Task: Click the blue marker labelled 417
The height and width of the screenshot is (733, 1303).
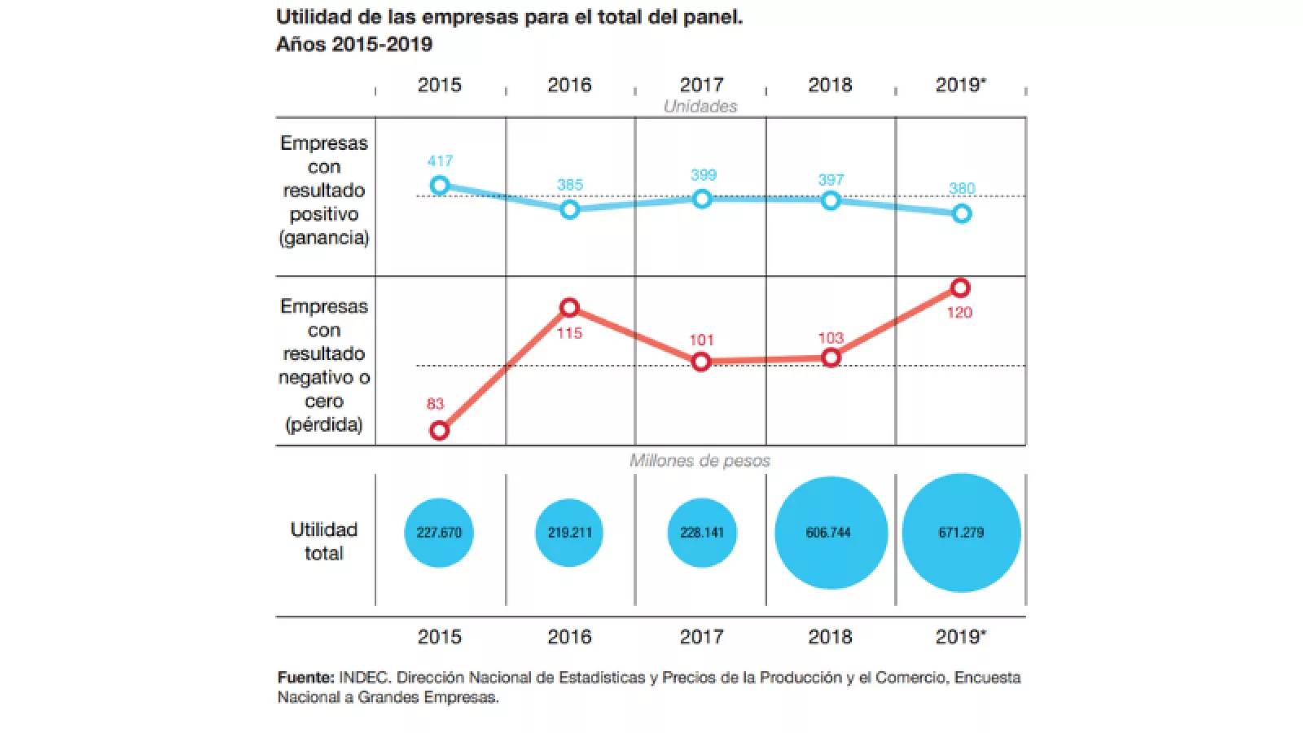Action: [x=440, y=186]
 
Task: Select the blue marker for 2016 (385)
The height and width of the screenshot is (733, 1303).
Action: [x=570, y=210]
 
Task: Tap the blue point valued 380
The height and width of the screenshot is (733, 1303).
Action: [x=962, y=213]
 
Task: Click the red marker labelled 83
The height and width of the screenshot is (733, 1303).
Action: [x=439, y=430]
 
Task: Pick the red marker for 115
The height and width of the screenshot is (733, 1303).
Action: [x=570, y=308]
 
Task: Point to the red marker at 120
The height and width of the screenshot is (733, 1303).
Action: [x=960, y=287]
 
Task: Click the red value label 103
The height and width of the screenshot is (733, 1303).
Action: [x=831, y=338]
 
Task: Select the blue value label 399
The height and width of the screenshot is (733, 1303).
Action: [x=704, y=175]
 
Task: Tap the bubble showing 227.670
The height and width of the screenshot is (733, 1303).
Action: [x=439, y=533]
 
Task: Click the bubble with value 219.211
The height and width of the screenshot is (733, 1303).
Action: [x=570, y=533]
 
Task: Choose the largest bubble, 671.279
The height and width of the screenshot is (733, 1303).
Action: [x=961, y=533]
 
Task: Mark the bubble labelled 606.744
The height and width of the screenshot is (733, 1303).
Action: [x=831, y=533]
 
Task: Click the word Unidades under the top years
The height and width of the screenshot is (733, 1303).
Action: [x=700, y=107]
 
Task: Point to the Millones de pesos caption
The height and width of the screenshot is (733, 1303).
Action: [x=700, y=461]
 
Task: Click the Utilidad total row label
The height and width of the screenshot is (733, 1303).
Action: [x=324, y=541]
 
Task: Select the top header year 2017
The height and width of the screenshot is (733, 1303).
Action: [x=701, y=85]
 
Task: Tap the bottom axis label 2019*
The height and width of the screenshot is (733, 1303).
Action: [x=961, y=637]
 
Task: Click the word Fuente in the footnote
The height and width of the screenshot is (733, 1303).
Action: [x=305, y=678]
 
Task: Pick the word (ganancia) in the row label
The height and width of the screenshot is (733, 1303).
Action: [x=324, y=238]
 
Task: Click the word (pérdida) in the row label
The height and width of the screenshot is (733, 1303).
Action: [x=324, y=424]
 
